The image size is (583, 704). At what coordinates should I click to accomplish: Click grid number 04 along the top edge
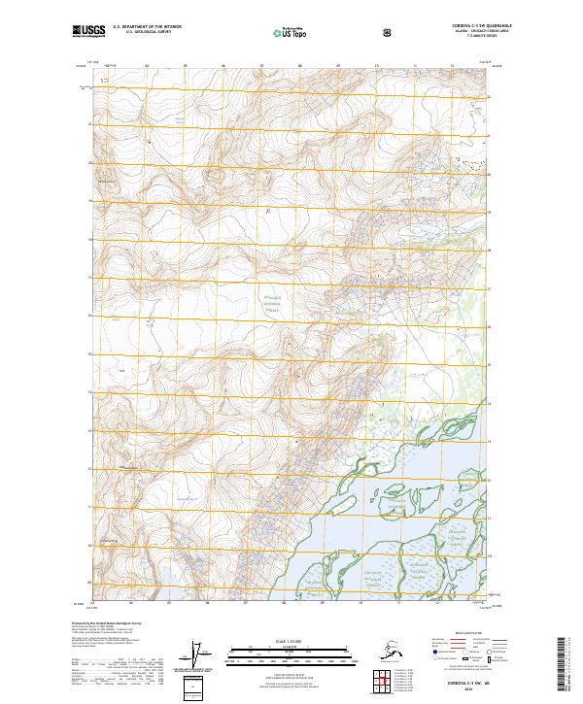[x=147, y=67]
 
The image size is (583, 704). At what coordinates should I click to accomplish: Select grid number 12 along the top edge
[x=453, y=67]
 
